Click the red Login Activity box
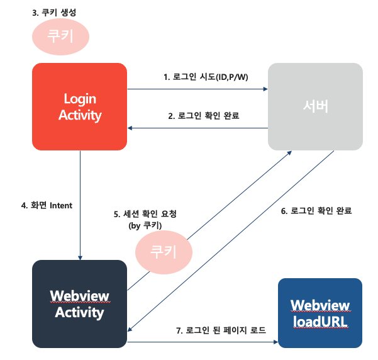point(80,107)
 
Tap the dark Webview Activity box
point(80,304)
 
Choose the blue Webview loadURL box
point(320,313)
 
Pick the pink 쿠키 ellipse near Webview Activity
point(164,252)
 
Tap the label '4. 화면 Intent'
point(47,205)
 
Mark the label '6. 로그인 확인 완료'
point(316,211)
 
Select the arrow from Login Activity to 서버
point(198,89)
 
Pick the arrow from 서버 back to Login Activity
point(198,128)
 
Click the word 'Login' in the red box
point(80,98)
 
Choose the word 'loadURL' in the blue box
point(320,323)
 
